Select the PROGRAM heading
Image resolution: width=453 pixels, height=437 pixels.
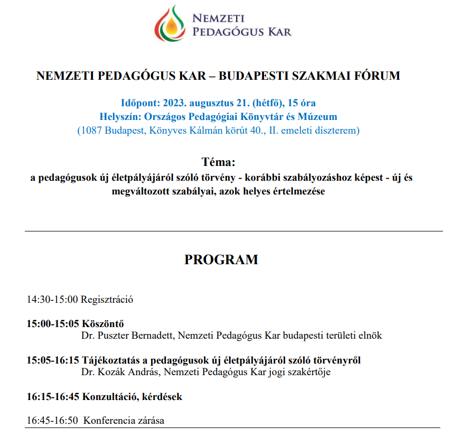pos(221,260)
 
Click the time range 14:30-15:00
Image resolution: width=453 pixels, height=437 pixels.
pos(52,300)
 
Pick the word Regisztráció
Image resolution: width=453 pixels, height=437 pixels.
pos(107,300)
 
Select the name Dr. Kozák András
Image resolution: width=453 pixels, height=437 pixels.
pos(119,373)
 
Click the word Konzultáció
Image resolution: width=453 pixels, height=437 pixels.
pos(111,396)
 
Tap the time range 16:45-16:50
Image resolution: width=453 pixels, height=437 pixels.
pos(52,421)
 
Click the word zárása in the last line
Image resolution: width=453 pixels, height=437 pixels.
pos(150,421)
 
